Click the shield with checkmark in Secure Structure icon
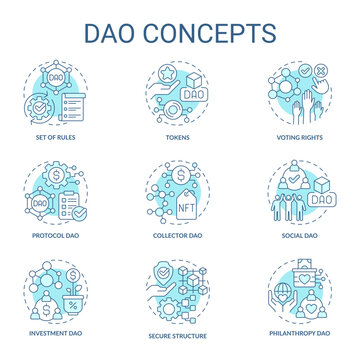166,276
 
